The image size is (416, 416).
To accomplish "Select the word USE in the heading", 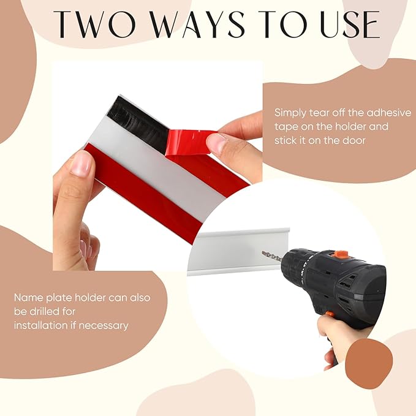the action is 350,25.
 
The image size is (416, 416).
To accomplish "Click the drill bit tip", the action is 263,253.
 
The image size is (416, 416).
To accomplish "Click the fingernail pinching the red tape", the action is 216,143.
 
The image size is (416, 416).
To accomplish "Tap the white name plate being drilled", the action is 236,252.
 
